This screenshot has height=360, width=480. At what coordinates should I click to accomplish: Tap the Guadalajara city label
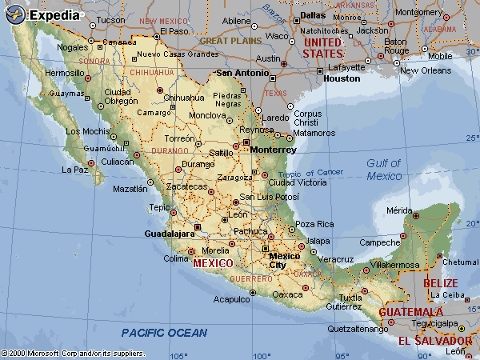click(x=169, y=234)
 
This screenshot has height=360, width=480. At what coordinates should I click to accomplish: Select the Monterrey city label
click(x=273, y=150)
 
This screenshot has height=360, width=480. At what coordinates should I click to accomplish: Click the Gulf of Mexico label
click(x=383, y=169)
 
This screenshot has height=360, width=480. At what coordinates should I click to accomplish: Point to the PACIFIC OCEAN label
click(x=164, y=333)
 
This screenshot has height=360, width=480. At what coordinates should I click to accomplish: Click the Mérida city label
click(x=401, y=210)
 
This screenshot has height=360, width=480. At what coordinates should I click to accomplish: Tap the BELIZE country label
click(x=441, y=283)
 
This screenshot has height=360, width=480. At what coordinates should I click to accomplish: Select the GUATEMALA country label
click(x=410, y=311)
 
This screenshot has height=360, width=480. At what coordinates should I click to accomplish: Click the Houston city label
click(x=342, y=78)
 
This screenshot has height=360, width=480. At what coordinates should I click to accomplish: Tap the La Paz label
click(x=74, y=170)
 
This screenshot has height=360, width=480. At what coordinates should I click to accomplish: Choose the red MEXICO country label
click(x=213, y=262)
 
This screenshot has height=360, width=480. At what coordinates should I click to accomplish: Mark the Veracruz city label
click(x=336, y=259)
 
